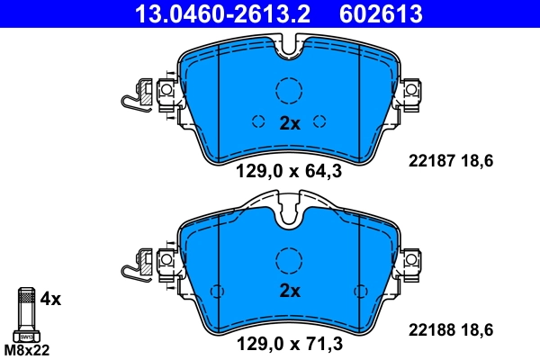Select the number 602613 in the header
point(381,13)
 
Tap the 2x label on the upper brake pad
point(289,124)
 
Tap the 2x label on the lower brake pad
point(289,291)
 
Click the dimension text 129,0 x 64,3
point(289,175)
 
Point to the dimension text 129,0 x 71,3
point(289,343)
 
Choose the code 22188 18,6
point(451,329)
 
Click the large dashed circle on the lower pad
point(289,258)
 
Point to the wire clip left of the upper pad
point(136,95)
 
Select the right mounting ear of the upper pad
point(411,91)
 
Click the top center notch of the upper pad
point(289,50)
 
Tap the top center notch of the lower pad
point(289,217)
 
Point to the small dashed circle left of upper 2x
point(258,122)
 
